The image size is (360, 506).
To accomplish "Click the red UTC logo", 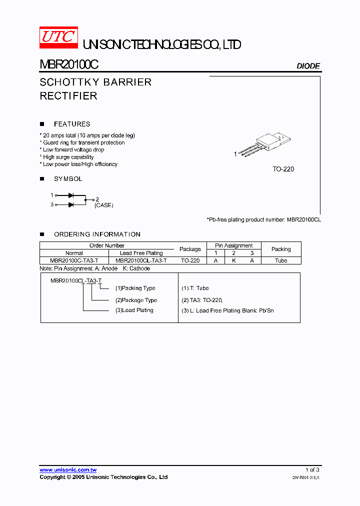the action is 58,38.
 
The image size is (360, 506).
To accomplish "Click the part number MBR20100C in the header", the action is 69,65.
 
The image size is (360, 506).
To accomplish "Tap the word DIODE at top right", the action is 308,66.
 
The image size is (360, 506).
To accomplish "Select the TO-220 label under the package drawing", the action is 283,169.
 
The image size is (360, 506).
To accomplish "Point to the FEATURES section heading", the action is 72,124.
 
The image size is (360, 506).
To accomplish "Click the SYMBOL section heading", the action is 68,178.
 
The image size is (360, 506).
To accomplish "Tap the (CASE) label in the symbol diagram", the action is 104,205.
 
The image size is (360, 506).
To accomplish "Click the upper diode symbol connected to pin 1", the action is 71,195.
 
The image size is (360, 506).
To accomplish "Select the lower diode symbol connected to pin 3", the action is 71,204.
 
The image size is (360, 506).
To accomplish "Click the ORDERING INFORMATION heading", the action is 97,234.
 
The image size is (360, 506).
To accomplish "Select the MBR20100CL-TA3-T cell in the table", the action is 141,260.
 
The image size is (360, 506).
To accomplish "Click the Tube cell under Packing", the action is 281,260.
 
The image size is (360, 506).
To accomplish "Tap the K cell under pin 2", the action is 233,260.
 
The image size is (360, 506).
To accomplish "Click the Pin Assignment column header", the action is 234,245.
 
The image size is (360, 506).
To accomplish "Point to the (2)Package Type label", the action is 136,300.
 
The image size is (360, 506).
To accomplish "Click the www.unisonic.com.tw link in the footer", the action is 68,470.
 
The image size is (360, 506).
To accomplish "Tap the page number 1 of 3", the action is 312,470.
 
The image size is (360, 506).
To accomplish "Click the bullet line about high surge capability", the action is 68,157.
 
